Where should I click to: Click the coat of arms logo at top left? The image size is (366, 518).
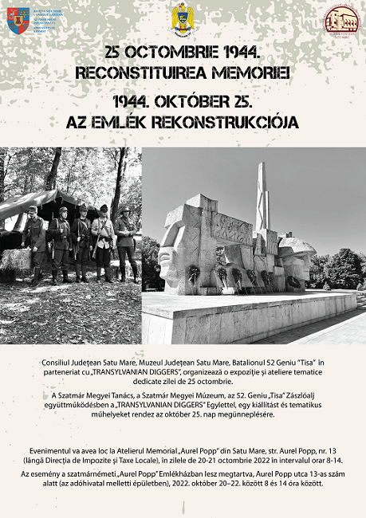pos(18,20)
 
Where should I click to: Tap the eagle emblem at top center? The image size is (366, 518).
pos(183,18)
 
